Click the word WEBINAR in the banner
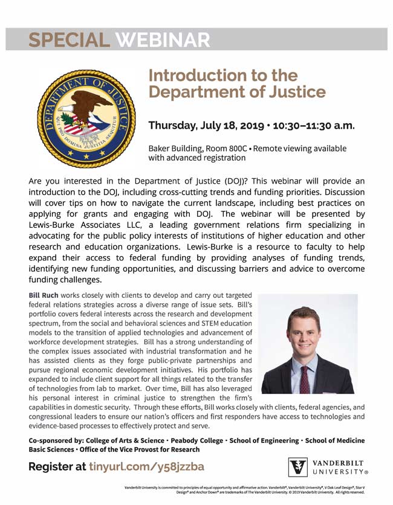pos(163,40)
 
